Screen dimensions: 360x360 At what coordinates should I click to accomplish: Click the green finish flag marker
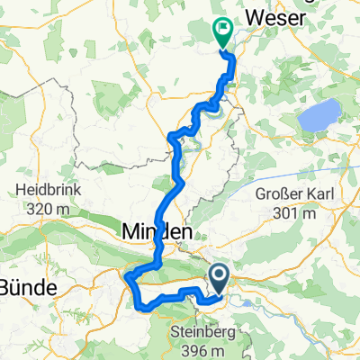point(221,32)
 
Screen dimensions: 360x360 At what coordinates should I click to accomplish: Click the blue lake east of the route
point(319,114)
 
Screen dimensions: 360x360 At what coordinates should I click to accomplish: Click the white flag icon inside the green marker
point(221,31)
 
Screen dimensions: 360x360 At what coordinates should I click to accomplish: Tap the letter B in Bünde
point(6,288)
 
